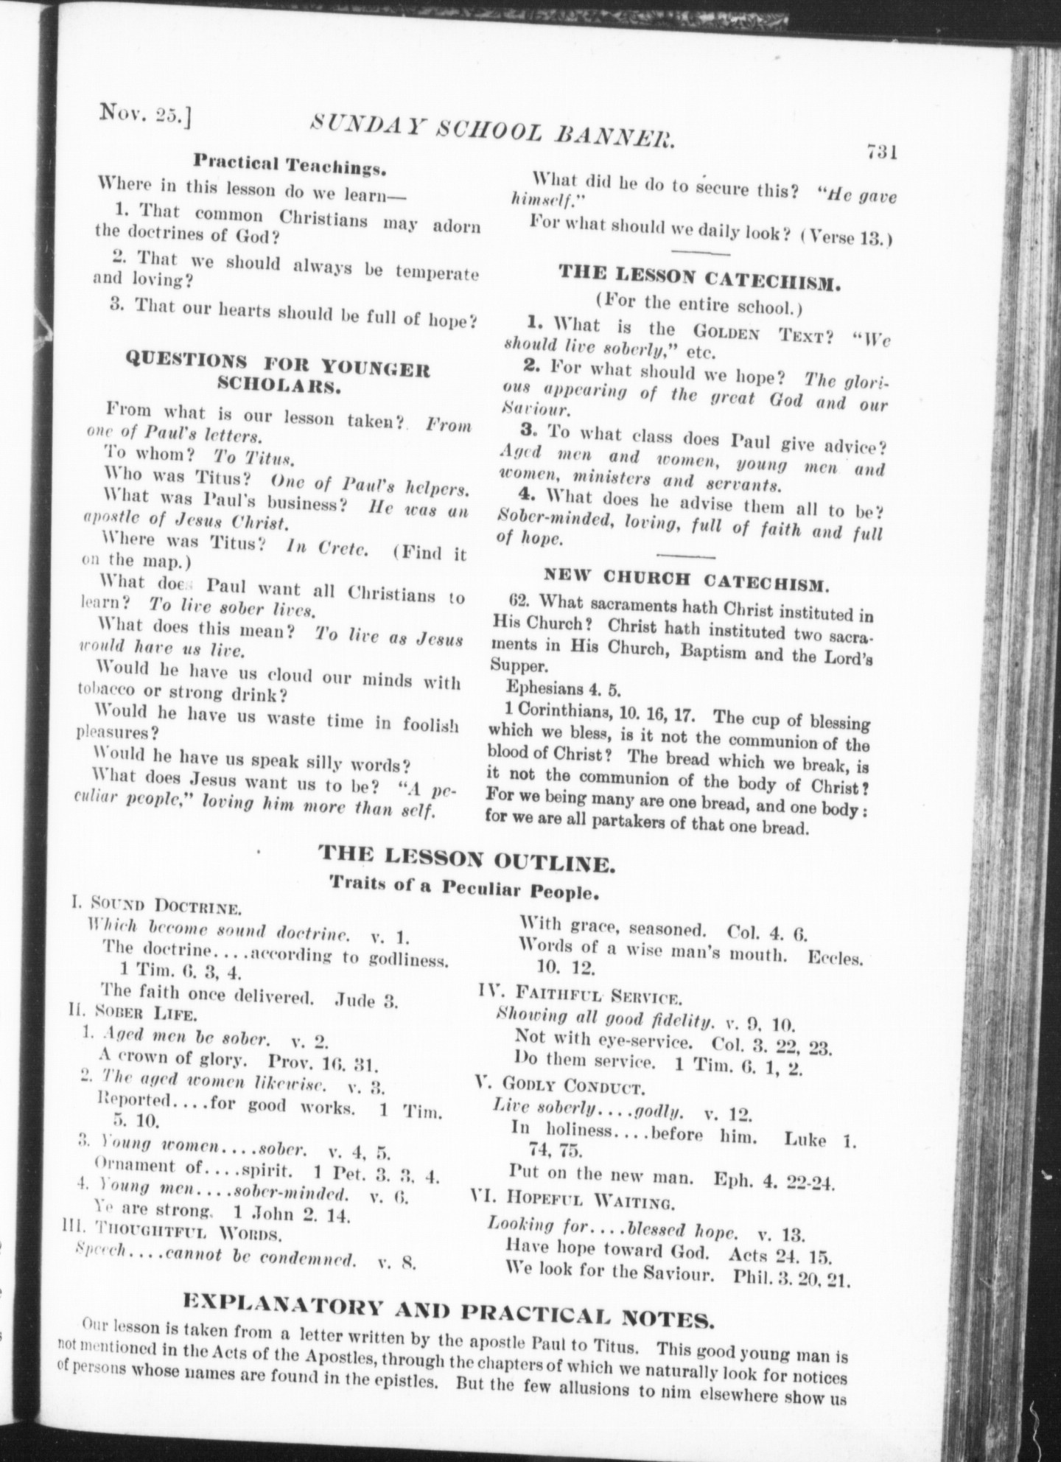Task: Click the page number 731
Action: pyautogui.click(x=880, y=151)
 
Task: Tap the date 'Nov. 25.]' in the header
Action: pyautogui.click(x=145, y=115)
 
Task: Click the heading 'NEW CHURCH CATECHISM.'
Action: pyautogui.click(x=687, y=579)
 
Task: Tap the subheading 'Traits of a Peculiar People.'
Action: pyautogui.click(x=463, y=888)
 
